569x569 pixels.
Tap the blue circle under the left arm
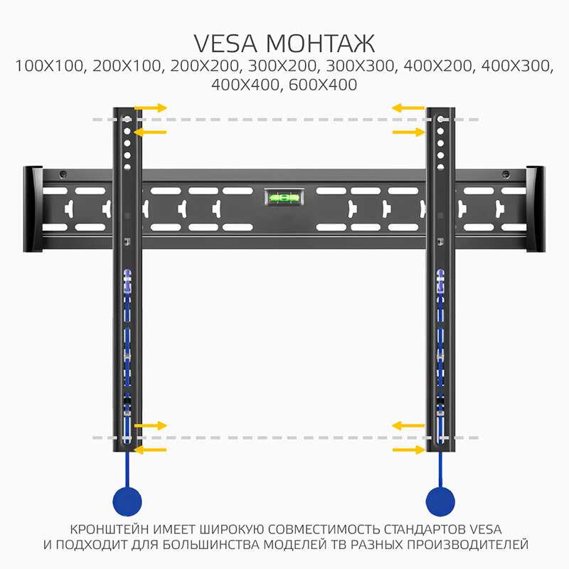click(127, 501)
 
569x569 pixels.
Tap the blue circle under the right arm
click(440, 501)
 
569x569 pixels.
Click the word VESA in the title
click(225, 43)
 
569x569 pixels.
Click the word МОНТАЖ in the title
click(321, 43)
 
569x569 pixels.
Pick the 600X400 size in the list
click(323, 85)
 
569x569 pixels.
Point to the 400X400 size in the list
click(245, 85)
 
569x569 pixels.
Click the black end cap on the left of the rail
click(33, 209)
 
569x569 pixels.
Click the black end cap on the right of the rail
click(536, 209)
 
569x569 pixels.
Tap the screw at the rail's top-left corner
click(63, 174)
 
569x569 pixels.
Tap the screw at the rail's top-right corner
click(506, 174)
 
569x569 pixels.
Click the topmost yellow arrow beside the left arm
click(151, 108)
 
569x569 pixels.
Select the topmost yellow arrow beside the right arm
click(408, 108)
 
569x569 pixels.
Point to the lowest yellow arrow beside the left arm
click(150, 450)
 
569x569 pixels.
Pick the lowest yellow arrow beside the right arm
click(409, 450)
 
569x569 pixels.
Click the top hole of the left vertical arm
click(127, 119)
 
